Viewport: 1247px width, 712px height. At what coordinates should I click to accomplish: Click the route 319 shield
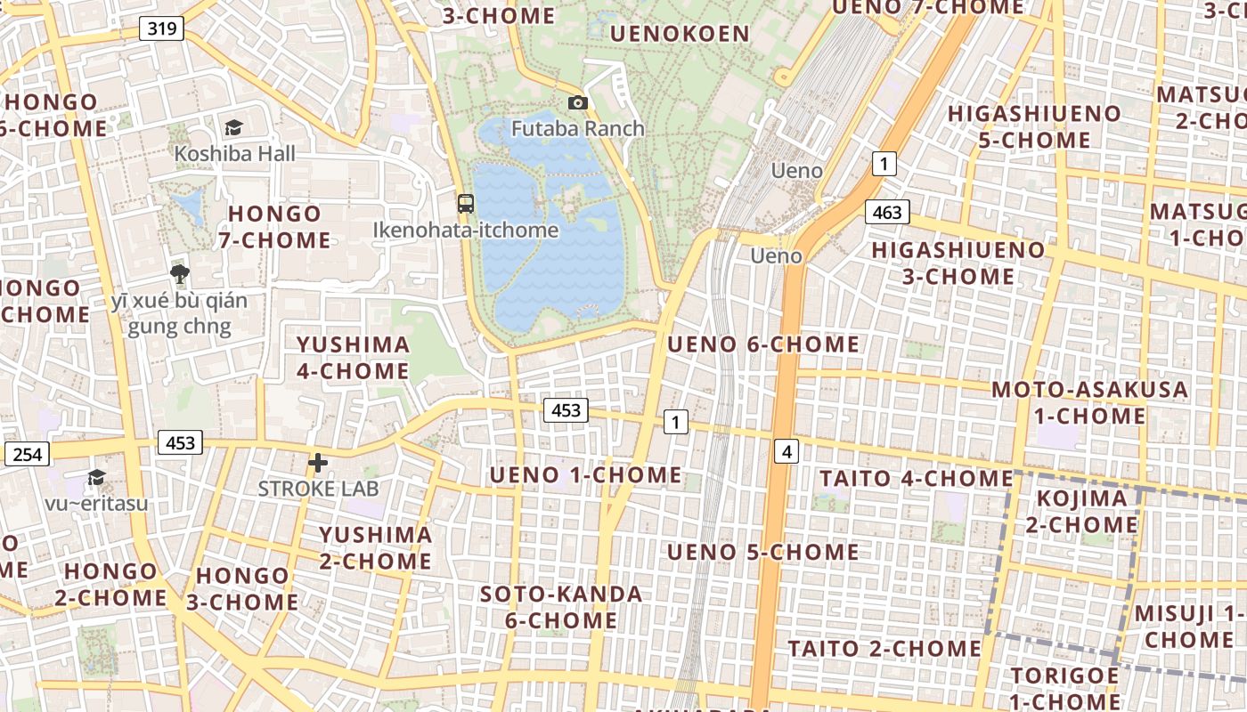[x=161, y=28]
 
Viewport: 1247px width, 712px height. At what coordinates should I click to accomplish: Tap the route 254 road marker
[x=28, y=454]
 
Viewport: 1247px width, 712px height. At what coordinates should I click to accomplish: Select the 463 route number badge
[x=887, y=212]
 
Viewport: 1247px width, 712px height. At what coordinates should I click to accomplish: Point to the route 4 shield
[x=786, y=452]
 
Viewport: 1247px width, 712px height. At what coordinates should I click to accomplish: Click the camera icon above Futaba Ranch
[x=577, y=103]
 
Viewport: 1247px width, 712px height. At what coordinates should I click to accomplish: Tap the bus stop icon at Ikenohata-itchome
[x=465, y=203]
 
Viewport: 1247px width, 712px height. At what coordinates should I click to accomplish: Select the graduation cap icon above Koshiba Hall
[x=233, y=128]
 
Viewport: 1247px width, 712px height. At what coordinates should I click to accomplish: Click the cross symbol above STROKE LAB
[x=318, y=463]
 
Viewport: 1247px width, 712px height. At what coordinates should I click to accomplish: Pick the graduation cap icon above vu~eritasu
[x=96, y=478]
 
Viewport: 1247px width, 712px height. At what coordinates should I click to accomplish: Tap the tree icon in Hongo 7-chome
[x=180, y=273]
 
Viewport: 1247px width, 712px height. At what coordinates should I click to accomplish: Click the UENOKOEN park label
[x=680, y=34]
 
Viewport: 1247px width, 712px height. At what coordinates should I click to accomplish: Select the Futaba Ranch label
[x=577, y=128]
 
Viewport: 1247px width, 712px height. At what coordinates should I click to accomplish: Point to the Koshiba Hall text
[x=234, y=153]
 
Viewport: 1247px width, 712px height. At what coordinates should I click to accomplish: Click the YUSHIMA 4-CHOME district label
[x=353, y=358]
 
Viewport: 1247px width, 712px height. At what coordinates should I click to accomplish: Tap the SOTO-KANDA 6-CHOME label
[x=561, y=607]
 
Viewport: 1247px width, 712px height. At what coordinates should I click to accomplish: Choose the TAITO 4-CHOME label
[x=917, y=478]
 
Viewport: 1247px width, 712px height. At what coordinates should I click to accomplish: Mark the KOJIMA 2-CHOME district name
[x=1081, y=511]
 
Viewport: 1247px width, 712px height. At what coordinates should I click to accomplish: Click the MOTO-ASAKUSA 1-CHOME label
[x=1089, y=402]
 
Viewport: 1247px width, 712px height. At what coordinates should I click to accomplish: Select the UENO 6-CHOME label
[x=763, y=344]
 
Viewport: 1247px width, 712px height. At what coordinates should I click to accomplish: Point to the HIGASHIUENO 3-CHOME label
[x=958, y=263]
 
